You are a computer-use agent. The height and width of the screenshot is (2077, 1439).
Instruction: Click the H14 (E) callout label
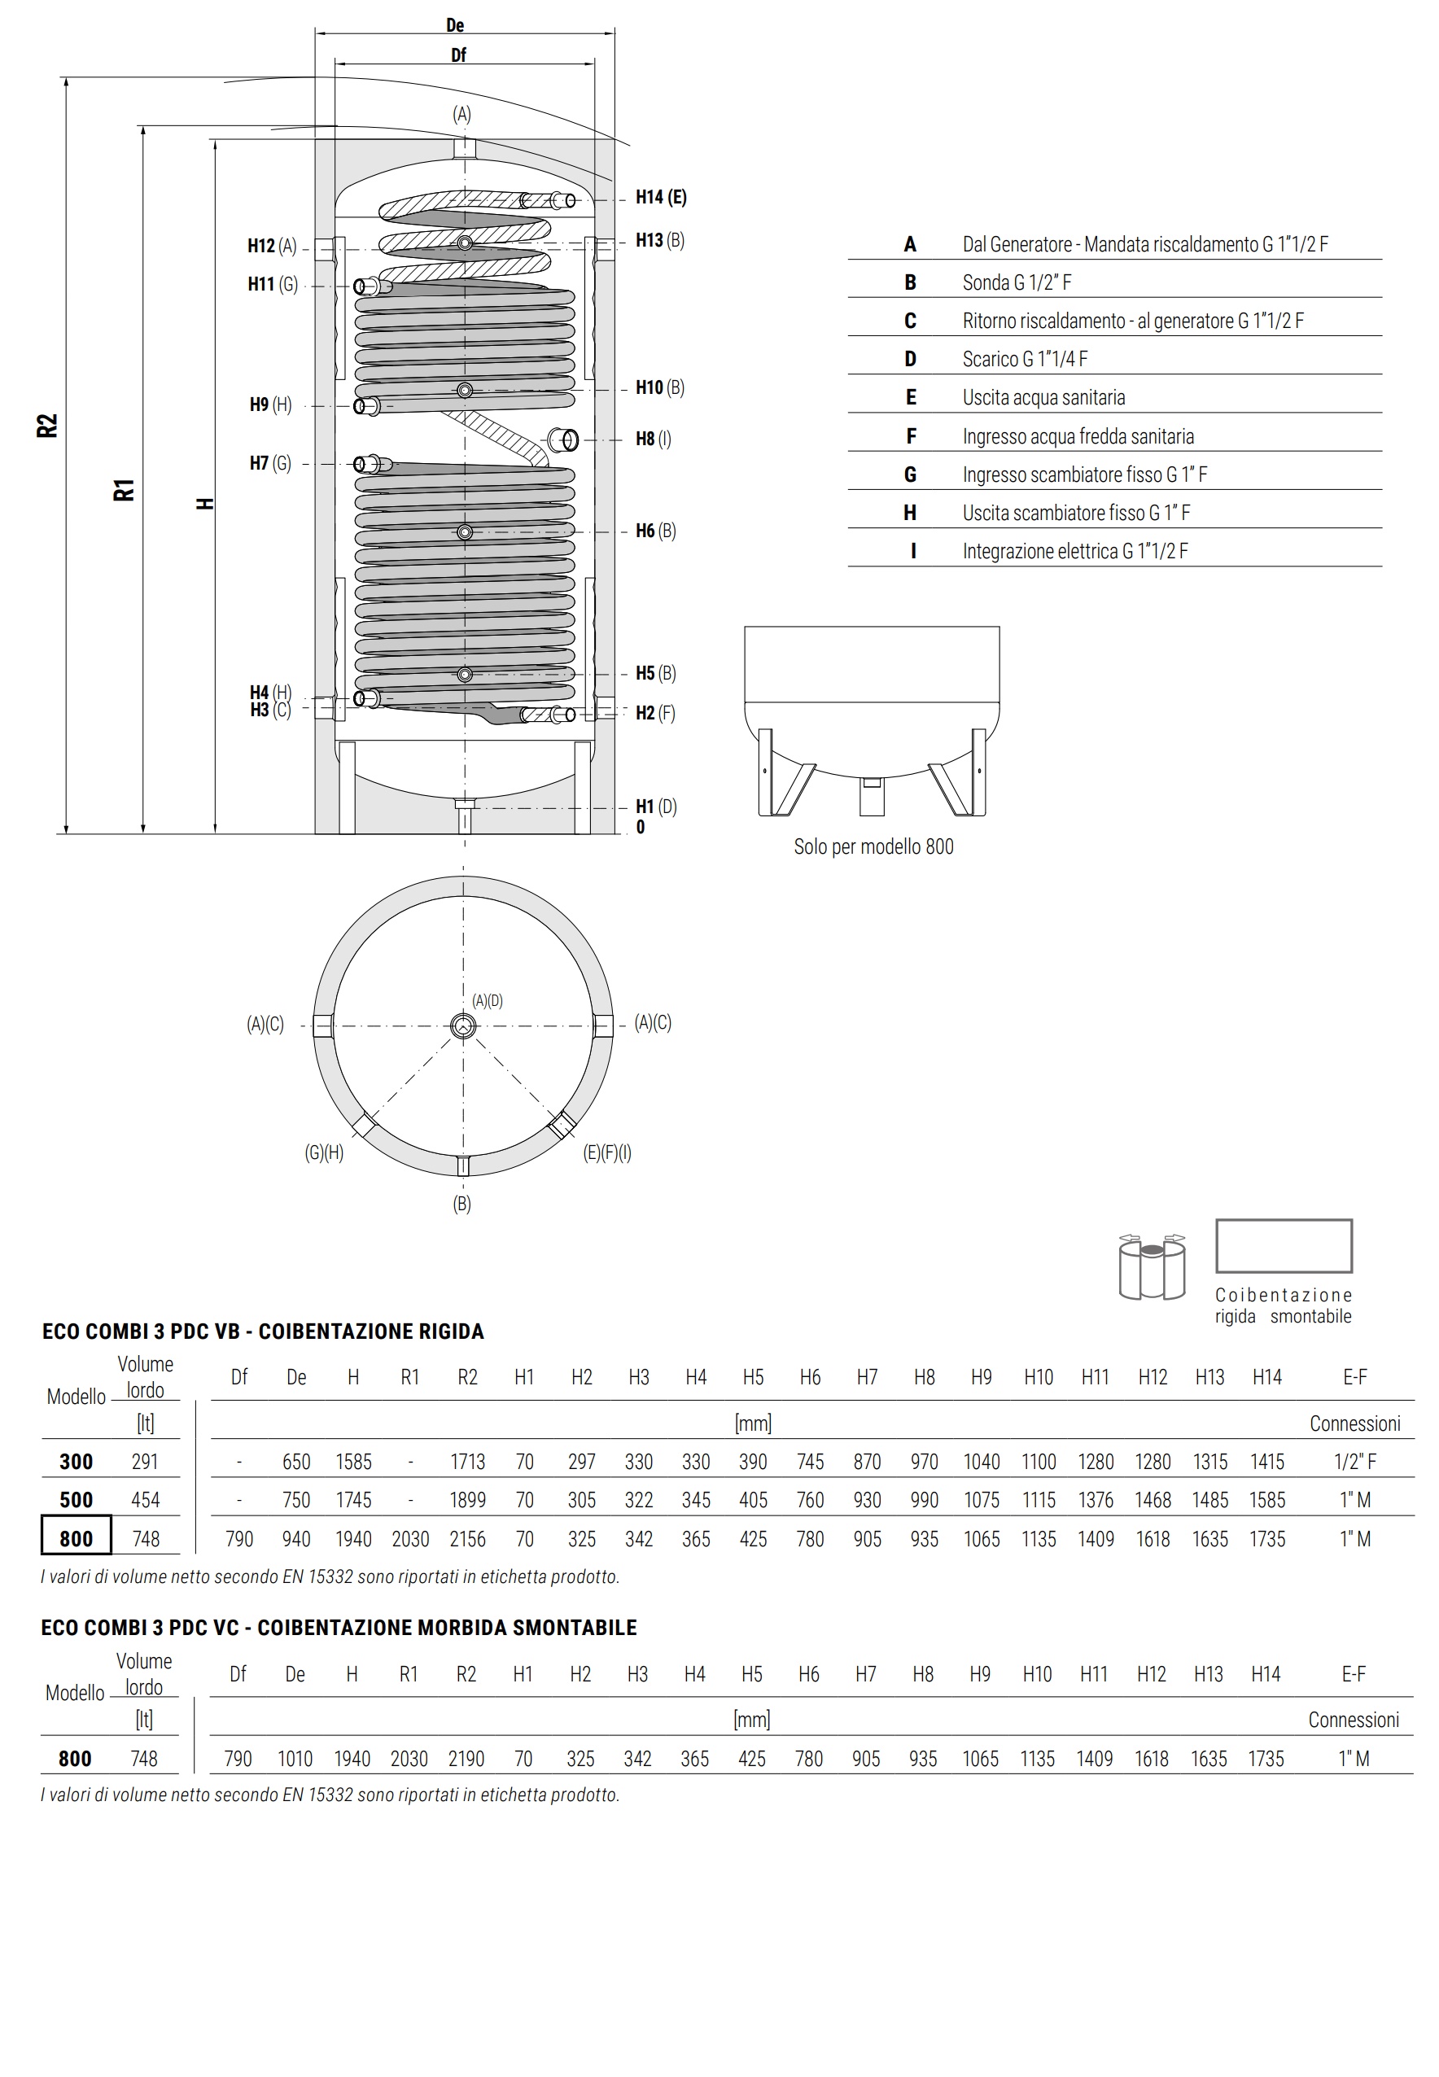660,198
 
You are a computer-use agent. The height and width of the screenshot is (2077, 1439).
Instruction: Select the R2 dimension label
47,426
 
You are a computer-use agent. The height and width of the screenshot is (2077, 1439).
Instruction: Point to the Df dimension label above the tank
458,56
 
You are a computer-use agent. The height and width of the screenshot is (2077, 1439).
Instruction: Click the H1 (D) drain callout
655,807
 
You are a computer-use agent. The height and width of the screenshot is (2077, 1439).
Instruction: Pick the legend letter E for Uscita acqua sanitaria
911,397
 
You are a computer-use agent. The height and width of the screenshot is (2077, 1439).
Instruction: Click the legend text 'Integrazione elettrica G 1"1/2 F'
1074,551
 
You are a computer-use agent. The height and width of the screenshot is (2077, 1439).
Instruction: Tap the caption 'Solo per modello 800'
873,846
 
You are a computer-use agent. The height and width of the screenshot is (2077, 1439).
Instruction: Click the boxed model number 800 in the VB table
76,1539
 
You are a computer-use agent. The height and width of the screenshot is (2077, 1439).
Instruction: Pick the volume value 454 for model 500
145,1500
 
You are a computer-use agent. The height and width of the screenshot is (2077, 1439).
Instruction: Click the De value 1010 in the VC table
295,1759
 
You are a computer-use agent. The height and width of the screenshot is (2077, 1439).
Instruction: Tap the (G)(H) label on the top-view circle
324,1153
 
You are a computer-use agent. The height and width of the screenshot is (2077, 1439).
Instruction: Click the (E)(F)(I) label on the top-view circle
607,1153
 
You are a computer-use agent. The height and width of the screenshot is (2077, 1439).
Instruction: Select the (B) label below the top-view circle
461,1204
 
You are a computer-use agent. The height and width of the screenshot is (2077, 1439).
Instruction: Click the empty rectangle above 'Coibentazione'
1283,1246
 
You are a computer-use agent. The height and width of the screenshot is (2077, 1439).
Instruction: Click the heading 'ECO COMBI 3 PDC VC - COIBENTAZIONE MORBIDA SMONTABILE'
339,1627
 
